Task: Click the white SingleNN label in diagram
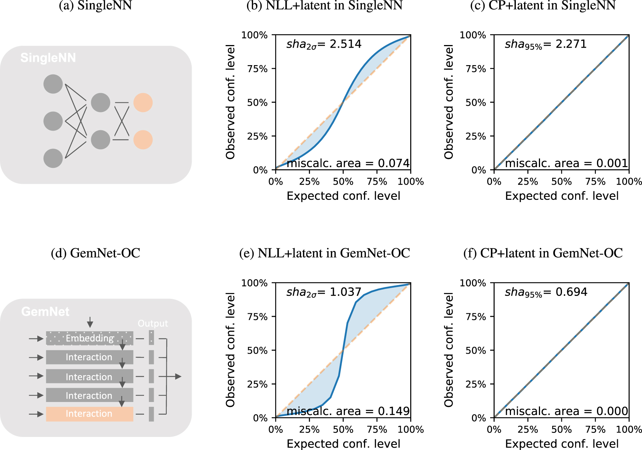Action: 48,58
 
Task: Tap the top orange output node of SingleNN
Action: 143,103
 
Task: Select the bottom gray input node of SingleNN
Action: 53,158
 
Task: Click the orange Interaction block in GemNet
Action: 89,414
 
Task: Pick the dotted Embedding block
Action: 89,338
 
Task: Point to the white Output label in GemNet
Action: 153,323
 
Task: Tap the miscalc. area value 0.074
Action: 393,163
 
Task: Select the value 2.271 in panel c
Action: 571,44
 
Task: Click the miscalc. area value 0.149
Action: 393,411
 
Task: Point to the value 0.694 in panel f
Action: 571,292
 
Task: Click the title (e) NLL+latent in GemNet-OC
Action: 324,253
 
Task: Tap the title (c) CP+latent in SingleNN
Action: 543,6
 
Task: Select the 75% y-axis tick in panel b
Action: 257,69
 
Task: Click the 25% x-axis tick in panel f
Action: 528,430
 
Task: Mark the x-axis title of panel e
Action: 343,444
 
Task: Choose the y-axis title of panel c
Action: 449,102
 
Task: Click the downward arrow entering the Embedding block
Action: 90,322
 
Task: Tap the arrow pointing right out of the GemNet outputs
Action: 175,377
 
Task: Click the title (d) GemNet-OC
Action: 95,253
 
